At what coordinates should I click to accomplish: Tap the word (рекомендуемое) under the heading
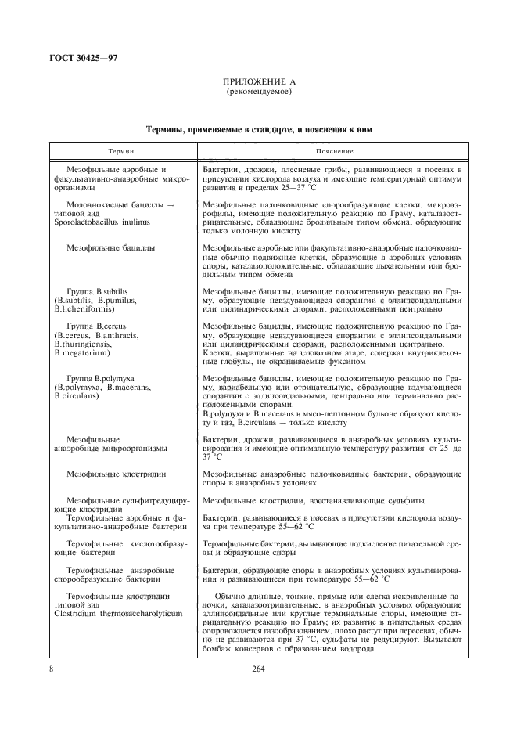(258, 92)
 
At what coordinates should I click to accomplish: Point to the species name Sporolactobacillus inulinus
(102, 222)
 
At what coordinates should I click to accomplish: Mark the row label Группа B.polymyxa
(100, 378)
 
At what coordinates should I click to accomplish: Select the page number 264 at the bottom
(258, 669)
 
